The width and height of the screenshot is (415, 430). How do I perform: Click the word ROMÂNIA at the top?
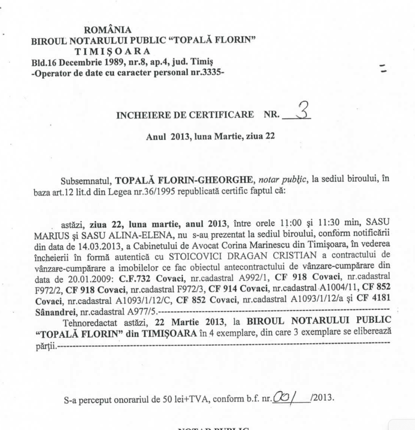(108, 30)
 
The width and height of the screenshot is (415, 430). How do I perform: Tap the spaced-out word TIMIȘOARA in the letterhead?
(112, 51)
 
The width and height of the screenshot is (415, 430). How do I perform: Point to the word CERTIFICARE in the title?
(221, 115)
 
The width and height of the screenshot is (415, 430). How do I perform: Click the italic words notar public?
(283, 179)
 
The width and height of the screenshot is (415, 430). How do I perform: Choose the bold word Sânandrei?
(56, 312)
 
